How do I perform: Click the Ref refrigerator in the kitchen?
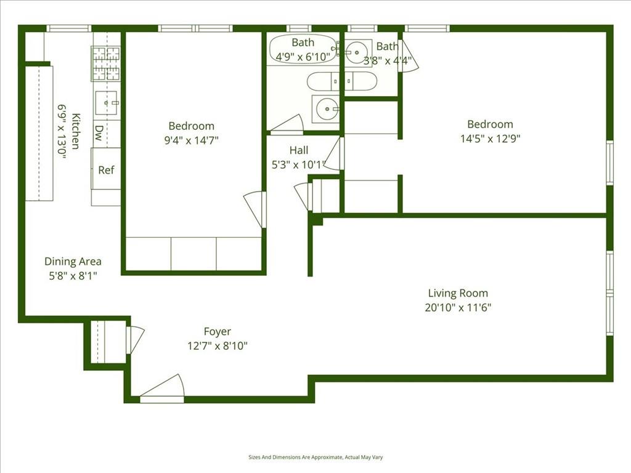pyautogui.click(x=106, y=169)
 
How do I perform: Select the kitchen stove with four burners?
pyautogui.click(x=106, y=63)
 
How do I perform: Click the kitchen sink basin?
pyautogui.click(x=107, y=103)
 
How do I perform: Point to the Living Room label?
pyautogui.click(x=458, y=293)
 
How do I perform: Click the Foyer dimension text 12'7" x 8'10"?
pyautogui.click(x=218, y=346)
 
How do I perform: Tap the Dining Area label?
pyautogui.click(x=73, y=261)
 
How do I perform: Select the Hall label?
pyautogui.click(x=299, y=150)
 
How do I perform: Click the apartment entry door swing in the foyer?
pyautogui.click(x=162, y=389)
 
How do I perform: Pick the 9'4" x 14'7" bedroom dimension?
pyautogui.click(x=191, y=140)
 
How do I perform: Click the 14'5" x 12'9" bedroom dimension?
pyautogui.click(x=490, y=139)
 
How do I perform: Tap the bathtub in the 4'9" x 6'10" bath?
pyautogui.click(x=303, y=49)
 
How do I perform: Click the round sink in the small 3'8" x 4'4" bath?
pyautogui.click(x=357, y=52)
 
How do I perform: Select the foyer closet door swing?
pyautogui.click(x=135, y=340)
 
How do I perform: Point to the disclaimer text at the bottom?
pyautogui.click(x=315, y=458)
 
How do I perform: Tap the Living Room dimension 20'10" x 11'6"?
pyautogui.click(x=458, y=308)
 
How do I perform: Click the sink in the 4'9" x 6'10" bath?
pyautogui.click(x=327, y=108)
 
